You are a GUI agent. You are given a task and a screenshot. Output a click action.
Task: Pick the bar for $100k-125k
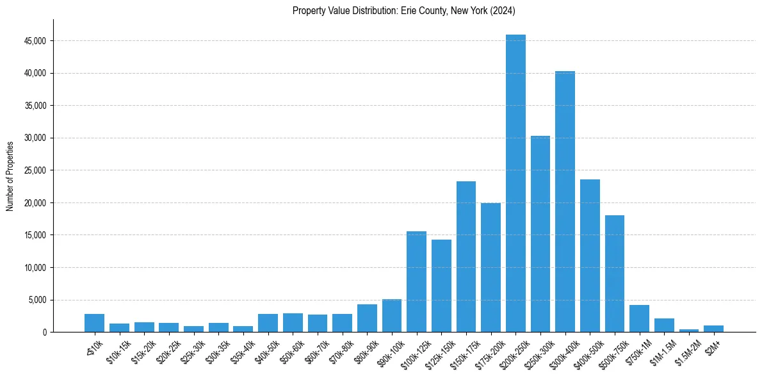click(x=416, y=282)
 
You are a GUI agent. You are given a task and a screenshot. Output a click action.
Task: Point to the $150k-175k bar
click(x=466, y=256)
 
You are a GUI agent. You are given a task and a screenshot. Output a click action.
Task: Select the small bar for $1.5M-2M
click(x=689, y=331)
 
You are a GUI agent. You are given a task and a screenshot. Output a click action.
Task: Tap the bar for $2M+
click(x=713, y=329)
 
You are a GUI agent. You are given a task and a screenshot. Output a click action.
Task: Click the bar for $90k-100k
click(x=392, y=316)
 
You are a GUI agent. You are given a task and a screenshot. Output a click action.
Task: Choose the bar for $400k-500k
click(x=590, y=256)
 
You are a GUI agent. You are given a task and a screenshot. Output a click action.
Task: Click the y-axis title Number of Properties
click(x=10, y=176)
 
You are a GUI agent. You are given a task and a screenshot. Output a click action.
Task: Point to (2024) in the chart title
click(x=501, y=11)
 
